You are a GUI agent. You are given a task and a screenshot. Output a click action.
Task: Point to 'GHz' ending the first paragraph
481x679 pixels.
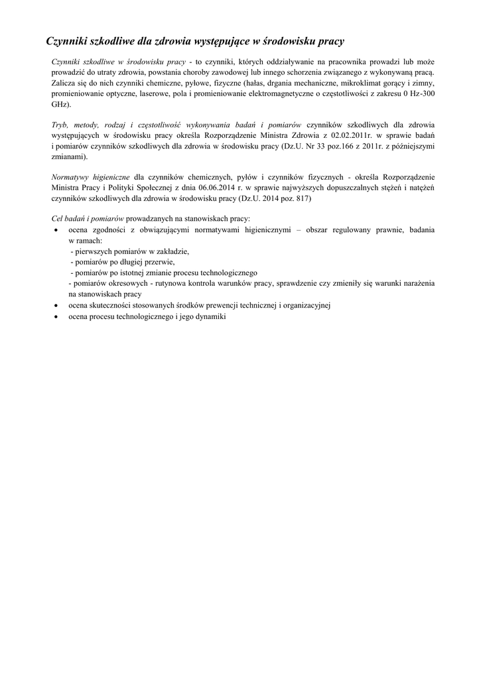click(x=59, y=105)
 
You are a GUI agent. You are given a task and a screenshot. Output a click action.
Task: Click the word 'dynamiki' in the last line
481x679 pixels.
click(x=211, y=317)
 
